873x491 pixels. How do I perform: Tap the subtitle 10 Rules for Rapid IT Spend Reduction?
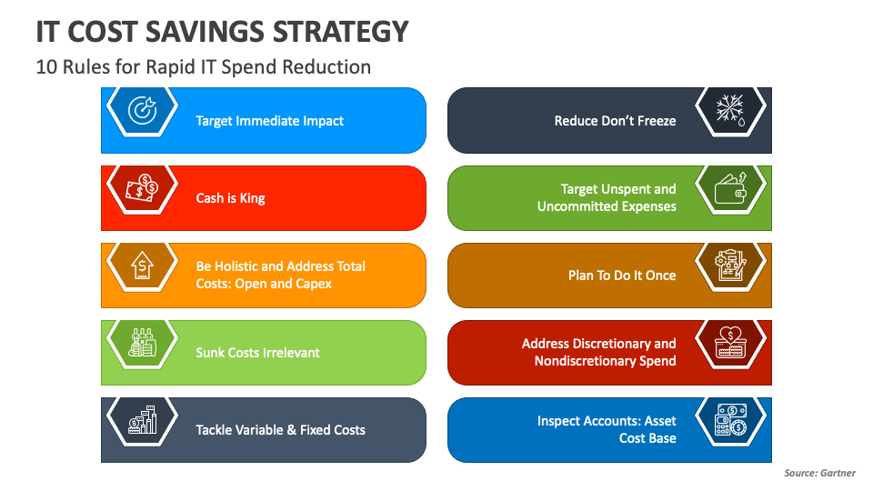point(204,67)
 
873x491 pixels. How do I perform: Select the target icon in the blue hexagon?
point(141,110)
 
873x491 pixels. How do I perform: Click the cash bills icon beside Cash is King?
point(141,187)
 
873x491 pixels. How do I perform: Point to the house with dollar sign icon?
point(141,266)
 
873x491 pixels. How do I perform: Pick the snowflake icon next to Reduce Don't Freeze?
point(730,110)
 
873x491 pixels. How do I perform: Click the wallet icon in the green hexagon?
point(730,188)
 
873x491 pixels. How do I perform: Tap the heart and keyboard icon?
point(730,343)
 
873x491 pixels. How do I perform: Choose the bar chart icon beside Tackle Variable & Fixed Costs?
point(141,420)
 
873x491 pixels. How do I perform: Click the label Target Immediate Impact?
point(270,121)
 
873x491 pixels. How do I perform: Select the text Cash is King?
point(231,198)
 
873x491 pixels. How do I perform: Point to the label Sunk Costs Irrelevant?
point(258,353)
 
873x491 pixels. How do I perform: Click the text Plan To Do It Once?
point(622,276)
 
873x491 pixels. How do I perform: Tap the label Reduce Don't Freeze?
point(616,121)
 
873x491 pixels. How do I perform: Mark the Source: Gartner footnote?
point(819,473)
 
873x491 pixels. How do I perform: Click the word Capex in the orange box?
point(313,284)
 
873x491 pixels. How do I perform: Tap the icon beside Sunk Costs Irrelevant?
point(141,343)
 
